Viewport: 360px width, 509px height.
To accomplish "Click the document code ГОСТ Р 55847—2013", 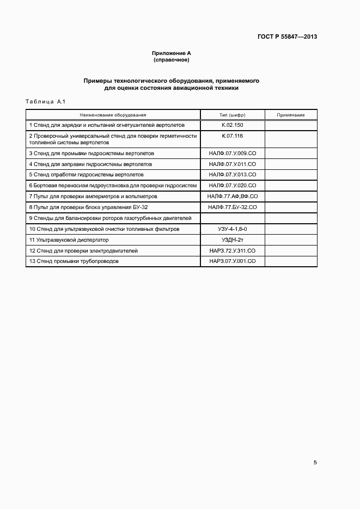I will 287,37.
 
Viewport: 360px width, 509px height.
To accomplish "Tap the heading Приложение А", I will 171,53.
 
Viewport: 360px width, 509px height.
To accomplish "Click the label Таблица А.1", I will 46,102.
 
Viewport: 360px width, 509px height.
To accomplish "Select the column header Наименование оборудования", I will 113,115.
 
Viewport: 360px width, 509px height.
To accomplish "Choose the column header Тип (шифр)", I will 233,115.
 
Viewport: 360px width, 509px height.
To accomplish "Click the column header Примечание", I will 290,115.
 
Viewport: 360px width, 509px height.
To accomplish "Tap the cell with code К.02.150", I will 233,125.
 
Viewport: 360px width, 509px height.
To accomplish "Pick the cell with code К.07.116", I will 233,135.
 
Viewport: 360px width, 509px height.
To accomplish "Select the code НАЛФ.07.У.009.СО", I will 233,154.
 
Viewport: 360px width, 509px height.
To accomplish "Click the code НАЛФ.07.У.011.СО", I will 233,164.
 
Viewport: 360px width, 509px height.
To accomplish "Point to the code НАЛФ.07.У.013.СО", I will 233,175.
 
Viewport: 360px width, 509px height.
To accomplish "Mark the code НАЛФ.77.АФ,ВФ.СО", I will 233,196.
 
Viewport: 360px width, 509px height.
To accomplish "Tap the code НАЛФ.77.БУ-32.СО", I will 233,207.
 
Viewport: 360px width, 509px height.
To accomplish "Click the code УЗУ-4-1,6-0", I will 233,229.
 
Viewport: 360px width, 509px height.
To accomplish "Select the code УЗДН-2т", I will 233,240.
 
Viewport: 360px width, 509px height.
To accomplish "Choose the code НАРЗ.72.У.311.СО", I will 233,250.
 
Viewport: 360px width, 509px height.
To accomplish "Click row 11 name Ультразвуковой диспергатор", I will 69,240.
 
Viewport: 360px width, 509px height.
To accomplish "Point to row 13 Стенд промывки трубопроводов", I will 74,261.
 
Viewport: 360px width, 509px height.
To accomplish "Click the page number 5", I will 315,463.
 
